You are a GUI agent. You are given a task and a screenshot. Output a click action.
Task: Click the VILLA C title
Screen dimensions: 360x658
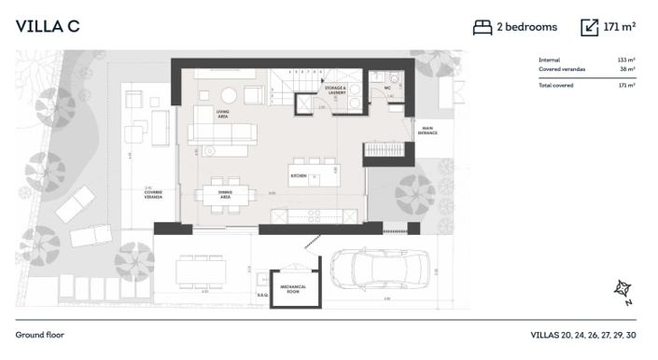[x=48, y=26]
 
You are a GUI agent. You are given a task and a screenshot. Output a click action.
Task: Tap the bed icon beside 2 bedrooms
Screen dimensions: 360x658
[x=482, y=27]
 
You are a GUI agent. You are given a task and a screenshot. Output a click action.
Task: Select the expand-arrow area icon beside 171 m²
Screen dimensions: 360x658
[x=589, y=27]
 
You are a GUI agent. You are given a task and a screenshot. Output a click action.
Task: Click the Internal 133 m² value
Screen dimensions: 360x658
[x=626, y=60]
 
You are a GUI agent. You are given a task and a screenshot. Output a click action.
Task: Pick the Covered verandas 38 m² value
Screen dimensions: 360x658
[x=626, y=69]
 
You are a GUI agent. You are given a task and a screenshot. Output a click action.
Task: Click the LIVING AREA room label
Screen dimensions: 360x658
[x=222, y=115]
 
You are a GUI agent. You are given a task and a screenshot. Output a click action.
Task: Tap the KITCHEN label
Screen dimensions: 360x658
[x=299, y=174]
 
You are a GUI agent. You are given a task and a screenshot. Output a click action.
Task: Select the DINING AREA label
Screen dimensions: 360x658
[x=224, y=196]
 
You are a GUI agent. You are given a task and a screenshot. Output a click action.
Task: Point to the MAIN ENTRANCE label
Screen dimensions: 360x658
[x=427, y=132]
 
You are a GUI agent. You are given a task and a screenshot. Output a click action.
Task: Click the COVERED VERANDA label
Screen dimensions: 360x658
[x=153, y=195]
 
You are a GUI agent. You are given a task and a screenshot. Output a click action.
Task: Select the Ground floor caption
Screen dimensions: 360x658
[x=39, y=334]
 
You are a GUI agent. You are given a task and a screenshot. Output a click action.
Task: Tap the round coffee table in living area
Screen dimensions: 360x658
[x=229, y=94]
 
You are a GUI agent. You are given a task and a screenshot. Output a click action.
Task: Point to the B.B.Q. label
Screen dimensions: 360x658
[x=262, y=295]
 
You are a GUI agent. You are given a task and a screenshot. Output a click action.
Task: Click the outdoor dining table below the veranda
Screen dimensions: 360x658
[x=201, y=270]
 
